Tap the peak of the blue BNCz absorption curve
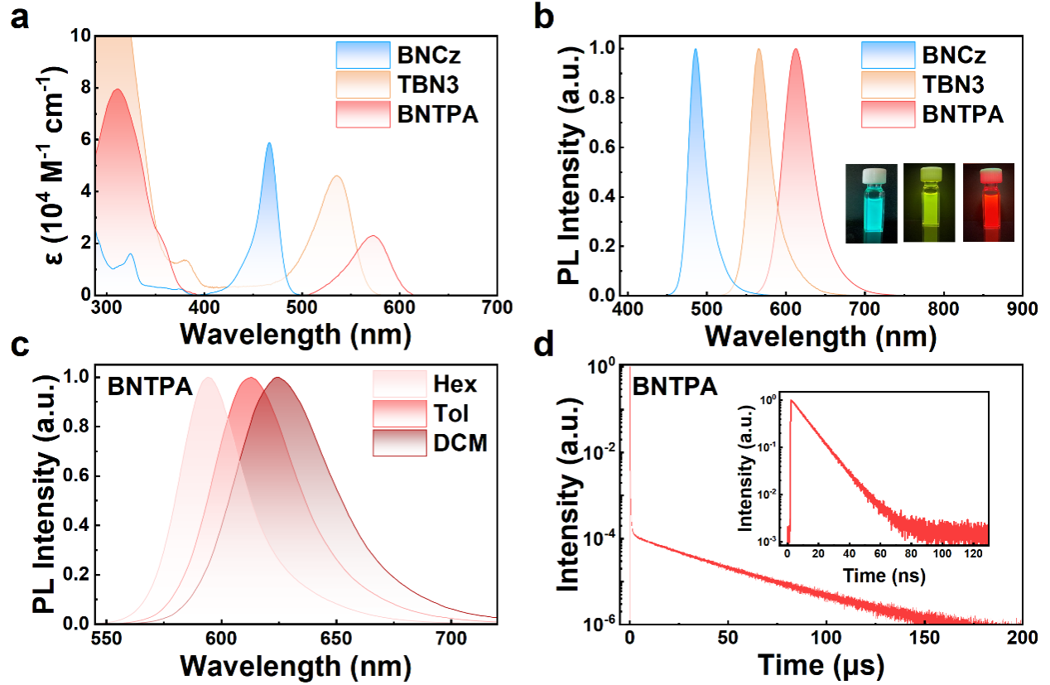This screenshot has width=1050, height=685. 269,143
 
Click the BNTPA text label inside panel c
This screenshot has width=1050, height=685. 146,386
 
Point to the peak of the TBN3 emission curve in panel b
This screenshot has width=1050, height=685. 759,49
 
